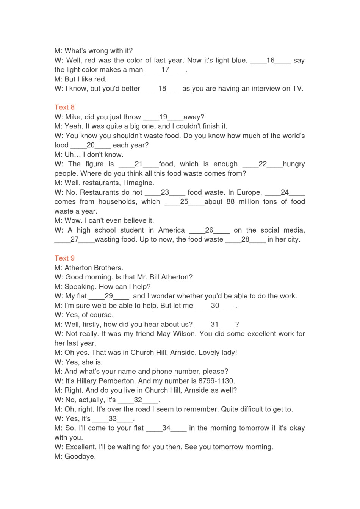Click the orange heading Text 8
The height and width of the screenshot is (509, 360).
coord(64,107)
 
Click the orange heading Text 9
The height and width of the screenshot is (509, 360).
coord(64,258)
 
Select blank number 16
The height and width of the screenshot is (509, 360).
coord(271,61)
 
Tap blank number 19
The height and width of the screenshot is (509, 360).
coord(163,117)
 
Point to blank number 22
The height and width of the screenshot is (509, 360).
coord(263,164)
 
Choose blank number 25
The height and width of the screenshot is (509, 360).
coord(184,202)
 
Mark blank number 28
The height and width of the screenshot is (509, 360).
coord(245,239)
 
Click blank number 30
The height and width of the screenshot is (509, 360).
coord(215,306)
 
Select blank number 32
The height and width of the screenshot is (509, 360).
coord(138,400)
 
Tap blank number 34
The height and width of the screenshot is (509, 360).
coord(166,428)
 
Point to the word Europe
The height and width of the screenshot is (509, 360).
coord(249,192)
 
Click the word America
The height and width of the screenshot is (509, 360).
coord(171,230)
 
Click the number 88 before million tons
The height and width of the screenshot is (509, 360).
coord(230,202)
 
